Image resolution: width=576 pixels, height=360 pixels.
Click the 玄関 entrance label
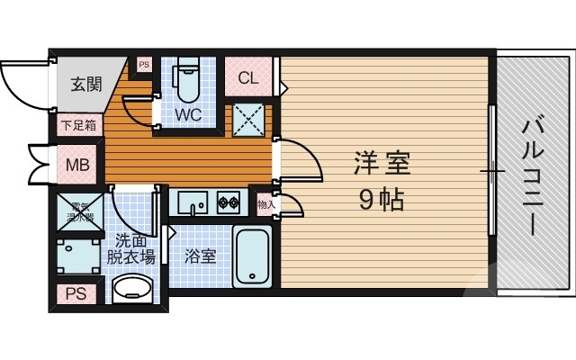pos(85,85)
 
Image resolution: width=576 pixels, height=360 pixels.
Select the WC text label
pos(187,115)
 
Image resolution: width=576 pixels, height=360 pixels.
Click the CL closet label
pos(248,78)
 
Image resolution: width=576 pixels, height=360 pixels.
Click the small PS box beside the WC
pos(144,65)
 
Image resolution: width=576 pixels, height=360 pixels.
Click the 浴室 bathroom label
pos(200,256)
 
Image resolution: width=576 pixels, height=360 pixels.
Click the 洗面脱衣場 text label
pos(131,248)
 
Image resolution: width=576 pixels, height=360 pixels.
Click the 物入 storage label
pos(266,204)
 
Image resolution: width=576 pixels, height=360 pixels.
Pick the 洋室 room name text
pos(382,165)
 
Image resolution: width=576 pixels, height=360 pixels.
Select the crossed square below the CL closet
pos(248,118)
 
